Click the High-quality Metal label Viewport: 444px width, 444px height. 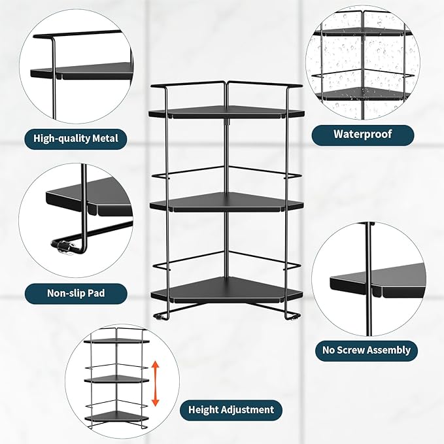click(x=76, y=138)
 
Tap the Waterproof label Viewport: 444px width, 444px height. click(x=362, y=135)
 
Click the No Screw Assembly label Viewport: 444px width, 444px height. click(x=366, y=350)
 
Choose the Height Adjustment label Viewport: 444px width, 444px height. click(x=231, y=410)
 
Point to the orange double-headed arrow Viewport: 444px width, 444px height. click(x=155, y=383)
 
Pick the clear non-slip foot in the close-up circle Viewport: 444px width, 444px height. click(x=63, y=247)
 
